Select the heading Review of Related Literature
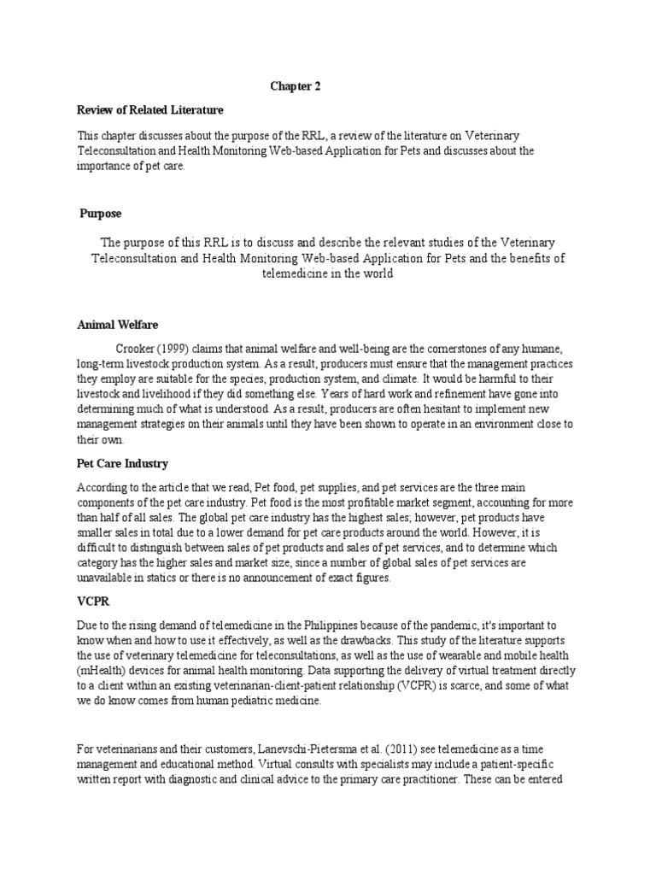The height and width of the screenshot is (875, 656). click(x=150, y=109)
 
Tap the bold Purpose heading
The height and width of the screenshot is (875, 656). click(x=102, y=213)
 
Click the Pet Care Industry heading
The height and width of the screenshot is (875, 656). click(x=123, y=463)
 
